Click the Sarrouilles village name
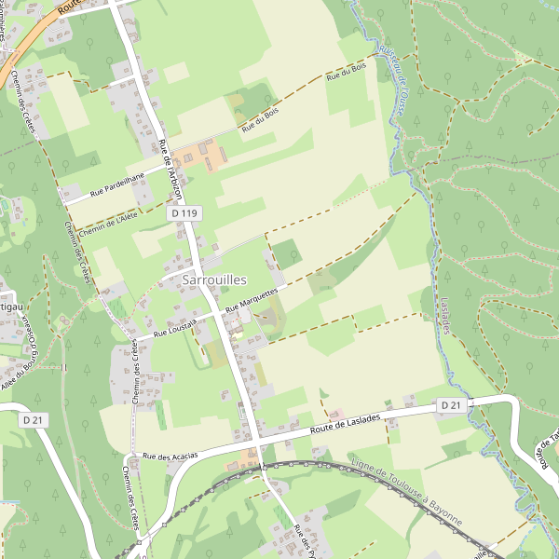click(215, 279)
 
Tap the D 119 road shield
click(184, 213)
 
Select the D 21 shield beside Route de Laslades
click(451, 405)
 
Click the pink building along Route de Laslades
click(336, 412)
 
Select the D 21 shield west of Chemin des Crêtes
click(34, 420)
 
